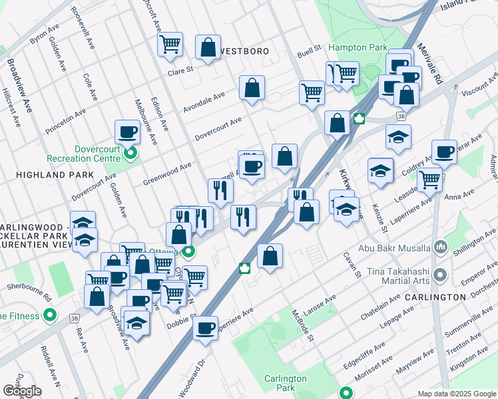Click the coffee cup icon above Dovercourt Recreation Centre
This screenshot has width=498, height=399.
point(127,132)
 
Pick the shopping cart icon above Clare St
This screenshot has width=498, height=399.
point(170,44)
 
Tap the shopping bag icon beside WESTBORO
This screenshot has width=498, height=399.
point(208,47)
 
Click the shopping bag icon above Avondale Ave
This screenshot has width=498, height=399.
point(252,88)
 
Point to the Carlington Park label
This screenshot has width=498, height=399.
point(284,383)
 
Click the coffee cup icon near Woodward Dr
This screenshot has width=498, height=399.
point(205,327)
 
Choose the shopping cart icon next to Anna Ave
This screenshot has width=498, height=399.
point(429,178)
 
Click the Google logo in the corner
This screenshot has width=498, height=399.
point(22,391)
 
